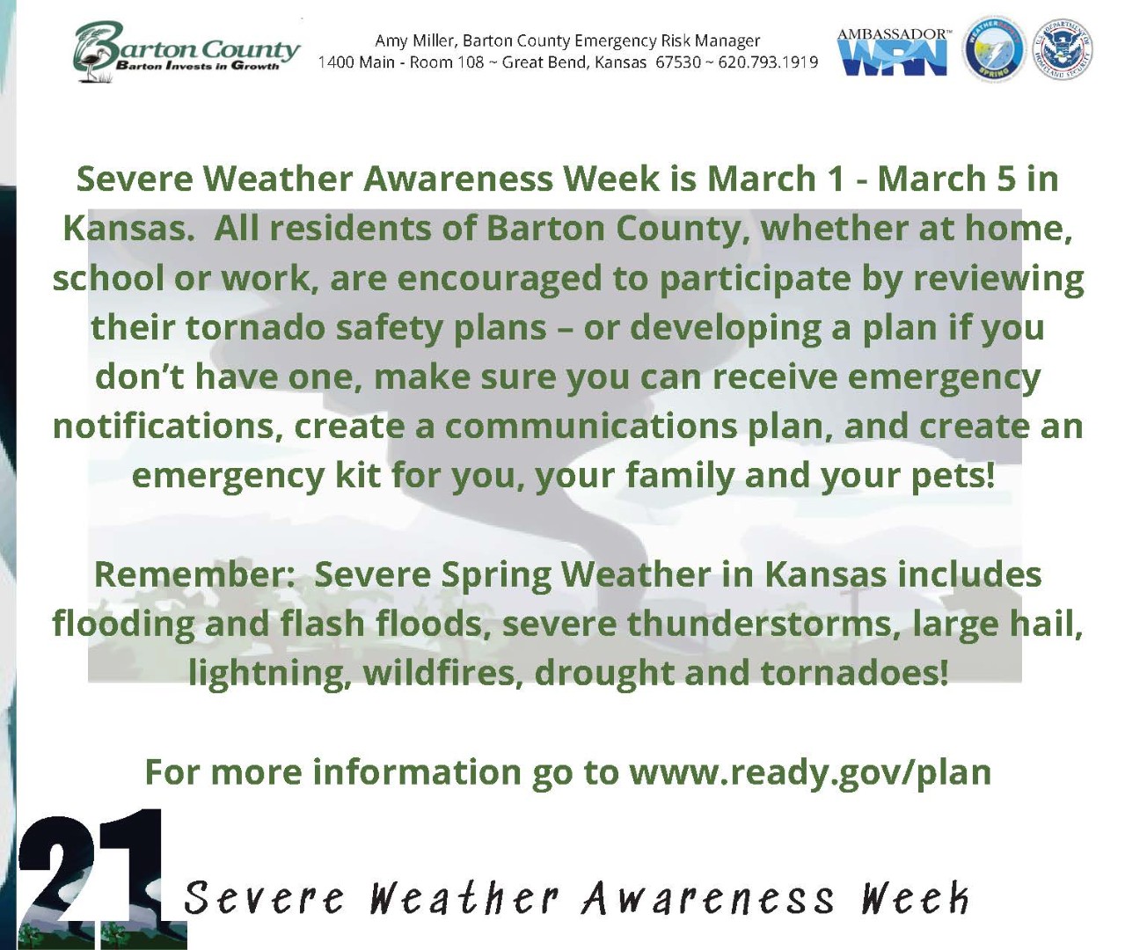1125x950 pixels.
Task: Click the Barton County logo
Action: (186, 52)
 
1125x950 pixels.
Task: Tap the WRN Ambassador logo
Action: (893, 52)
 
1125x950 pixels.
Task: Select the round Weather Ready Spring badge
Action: (994, 50)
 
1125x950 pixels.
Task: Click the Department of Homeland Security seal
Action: (1063, 50)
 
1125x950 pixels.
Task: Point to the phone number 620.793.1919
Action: (768, 62)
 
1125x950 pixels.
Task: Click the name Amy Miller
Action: (414, 40)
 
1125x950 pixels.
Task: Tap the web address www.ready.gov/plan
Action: (810, 772)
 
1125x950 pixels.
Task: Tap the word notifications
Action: (167, 427)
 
